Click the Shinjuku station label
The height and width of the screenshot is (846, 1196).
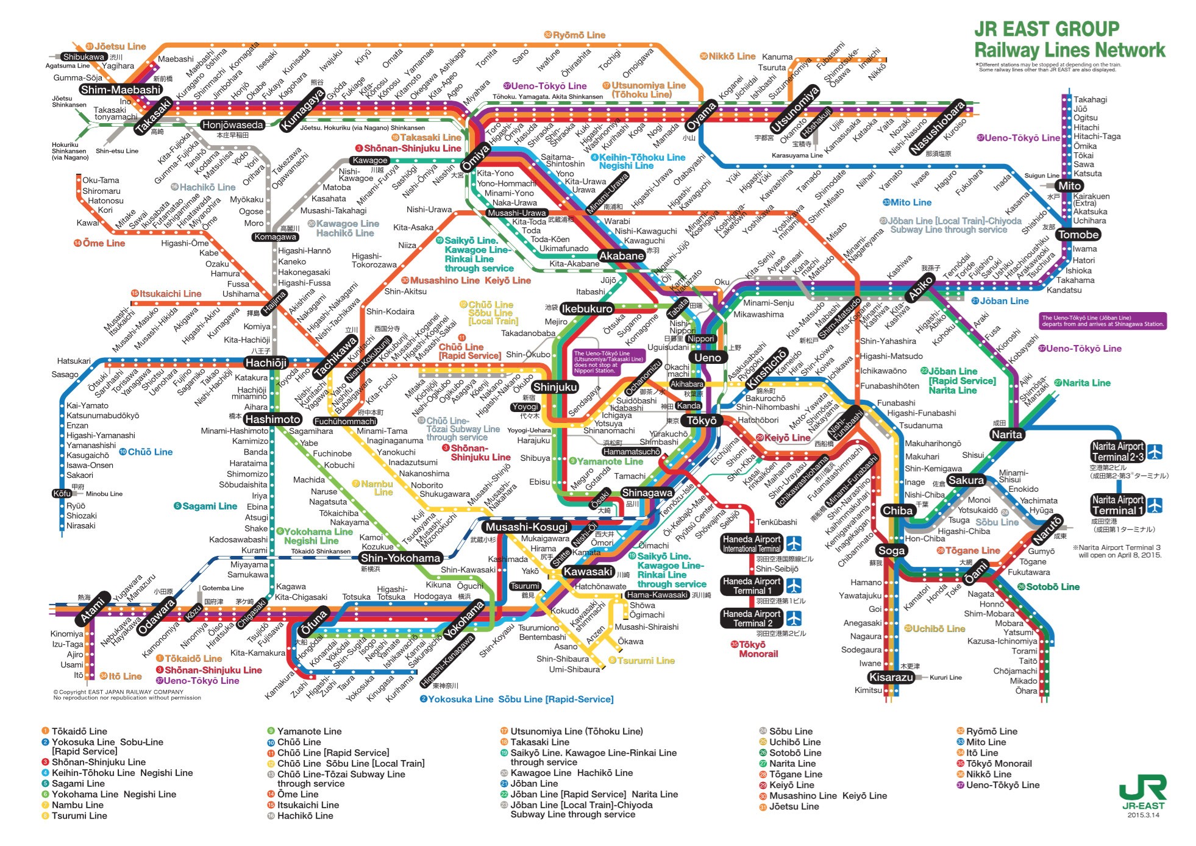(554, 387)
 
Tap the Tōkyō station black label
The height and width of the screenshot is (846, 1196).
(701, 421)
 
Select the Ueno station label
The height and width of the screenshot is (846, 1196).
(707, 358)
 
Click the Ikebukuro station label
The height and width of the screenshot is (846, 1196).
(586, 308)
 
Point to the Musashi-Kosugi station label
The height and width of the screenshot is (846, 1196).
(526, 527)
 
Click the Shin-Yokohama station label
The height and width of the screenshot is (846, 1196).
(400, 558)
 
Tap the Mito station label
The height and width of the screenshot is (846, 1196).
(1069, 186)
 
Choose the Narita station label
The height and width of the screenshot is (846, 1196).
(1006, 435)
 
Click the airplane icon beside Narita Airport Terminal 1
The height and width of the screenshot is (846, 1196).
(1155, 505)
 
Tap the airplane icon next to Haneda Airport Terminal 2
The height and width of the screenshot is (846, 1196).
(793, 618)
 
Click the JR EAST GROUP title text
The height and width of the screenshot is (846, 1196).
(1046, 29)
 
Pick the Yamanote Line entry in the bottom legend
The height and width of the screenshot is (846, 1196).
(308, 731)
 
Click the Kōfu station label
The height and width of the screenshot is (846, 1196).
(62, 494)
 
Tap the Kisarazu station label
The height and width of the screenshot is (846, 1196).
(891, 677)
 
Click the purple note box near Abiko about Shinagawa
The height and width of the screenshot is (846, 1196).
(1102, 321)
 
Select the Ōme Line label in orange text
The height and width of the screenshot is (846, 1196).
(103, 243)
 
